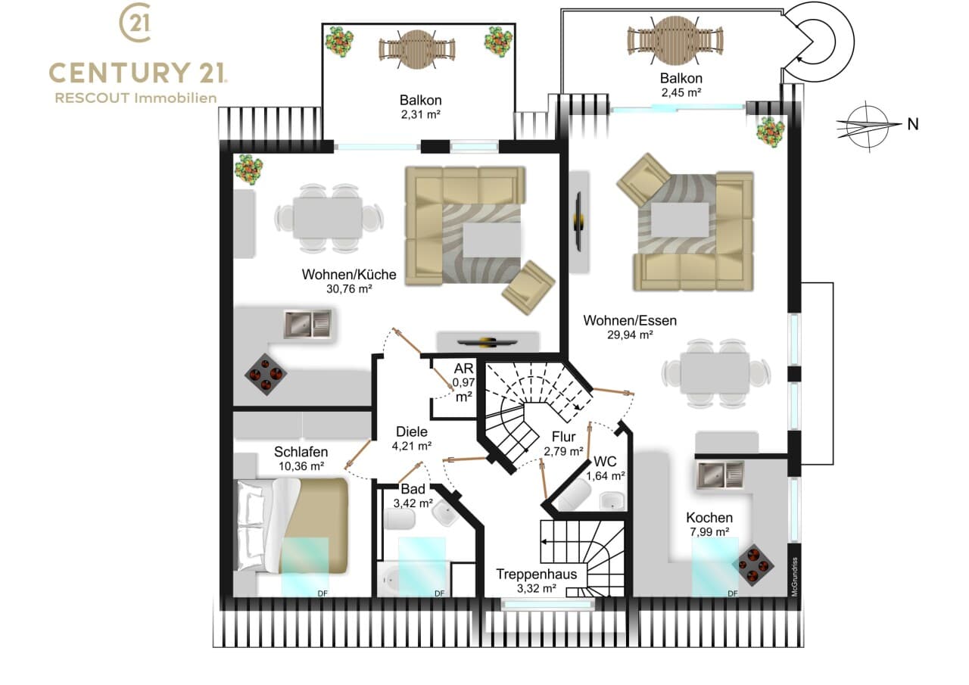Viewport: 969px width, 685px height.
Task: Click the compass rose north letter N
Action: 913,125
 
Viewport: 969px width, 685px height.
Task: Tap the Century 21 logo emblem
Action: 136,23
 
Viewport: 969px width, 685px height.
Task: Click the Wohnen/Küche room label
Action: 349,274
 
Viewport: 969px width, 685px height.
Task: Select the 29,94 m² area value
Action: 630,335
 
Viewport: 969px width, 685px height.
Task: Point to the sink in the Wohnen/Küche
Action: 307,323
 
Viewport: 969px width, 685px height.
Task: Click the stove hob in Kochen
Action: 753,565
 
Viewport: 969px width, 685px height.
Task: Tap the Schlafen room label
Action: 301,452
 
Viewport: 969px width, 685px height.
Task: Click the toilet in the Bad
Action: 400,519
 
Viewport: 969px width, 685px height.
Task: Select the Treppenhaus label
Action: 537,574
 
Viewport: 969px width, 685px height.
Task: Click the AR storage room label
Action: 463,369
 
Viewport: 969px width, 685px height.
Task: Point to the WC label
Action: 605,462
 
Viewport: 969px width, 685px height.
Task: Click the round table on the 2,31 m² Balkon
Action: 417,50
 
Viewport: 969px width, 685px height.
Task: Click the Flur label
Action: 563,437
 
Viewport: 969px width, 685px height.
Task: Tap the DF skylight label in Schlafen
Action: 322,593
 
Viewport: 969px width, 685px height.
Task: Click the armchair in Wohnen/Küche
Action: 528,288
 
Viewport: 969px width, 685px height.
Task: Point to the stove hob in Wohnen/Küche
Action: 265,374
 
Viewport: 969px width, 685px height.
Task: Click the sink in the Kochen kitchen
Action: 720,475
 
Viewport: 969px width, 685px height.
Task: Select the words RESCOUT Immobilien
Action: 136,98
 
